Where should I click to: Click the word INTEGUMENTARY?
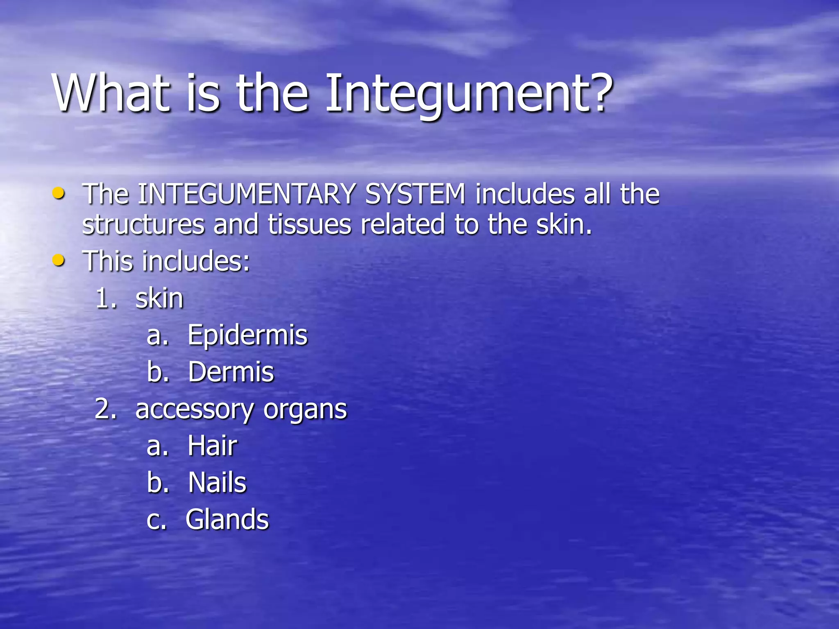246,194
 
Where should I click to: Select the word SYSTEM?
415,194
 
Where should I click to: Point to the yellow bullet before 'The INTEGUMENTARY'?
59,193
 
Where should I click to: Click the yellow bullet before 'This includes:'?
59,260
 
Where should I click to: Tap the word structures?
143,225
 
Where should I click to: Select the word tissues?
310,225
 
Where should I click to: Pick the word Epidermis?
247,335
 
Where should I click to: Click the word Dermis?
231,372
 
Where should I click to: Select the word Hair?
212,446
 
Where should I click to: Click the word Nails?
217,482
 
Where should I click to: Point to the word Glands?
227,519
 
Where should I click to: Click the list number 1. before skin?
106,299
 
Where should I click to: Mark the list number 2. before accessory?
106,409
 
